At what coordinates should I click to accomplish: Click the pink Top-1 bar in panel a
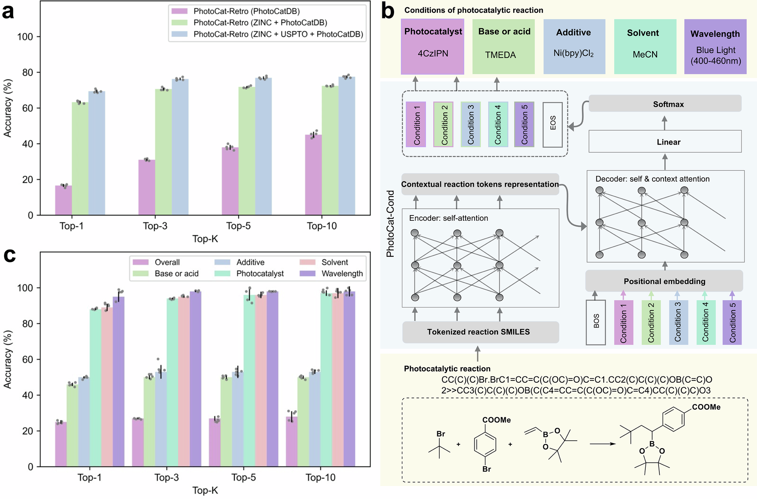click(64, 200)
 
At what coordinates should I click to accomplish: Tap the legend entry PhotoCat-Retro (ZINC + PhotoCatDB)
click(260, 23)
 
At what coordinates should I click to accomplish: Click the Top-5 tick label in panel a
click(238, 226)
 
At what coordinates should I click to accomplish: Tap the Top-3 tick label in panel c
click(167, 477)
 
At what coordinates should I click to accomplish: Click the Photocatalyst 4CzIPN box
click(433, 47)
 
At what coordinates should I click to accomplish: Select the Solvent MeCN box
click(645, 47)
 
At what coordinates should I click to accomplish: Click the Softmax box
click(665, 104)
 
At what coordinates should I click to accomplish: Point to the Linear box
click(665, 142)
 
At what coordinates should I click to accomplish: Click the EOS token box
click(553, 125)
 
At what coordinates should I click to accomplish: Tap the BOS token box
click(596, 322)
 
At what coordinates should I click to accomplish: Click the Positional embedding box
click(664, 281)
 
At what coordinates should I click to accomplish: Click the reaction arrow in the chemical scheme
click(603, 444)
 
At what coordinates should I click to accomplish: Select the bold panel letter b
click(388, 11)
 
